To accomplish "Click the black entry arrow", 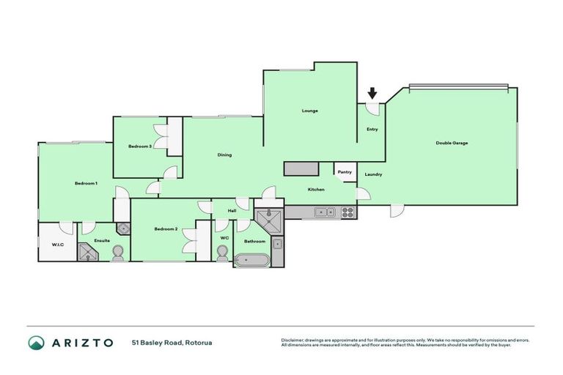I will tap(372, 93).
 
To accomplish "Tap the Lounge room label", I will tap(309, 111).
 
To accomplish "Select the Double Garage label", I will tap(452, 143).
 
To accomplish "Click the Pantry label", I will tap(345, 171).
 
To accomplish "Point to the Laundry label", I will tap(373, 174).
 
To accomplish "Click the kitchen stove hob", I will tap(348, 212).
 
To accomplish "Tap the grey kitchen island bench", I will tap(301, 169).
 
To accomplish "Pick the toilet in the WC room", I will tap(223, 253).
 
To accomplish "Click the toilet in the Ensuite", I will tap(118, 253).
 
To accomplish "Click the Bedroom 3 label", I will tap(140, 146).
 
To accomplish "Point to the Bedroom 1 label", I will tap(86, 183).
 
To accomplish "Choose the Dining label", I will tap(225, 155).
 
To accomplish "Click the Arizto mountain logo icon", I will tap(36, 343).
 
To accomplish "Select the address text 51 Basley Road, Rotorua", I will tap(172, 342).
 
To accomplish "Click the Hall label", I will tap(232, 211).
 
